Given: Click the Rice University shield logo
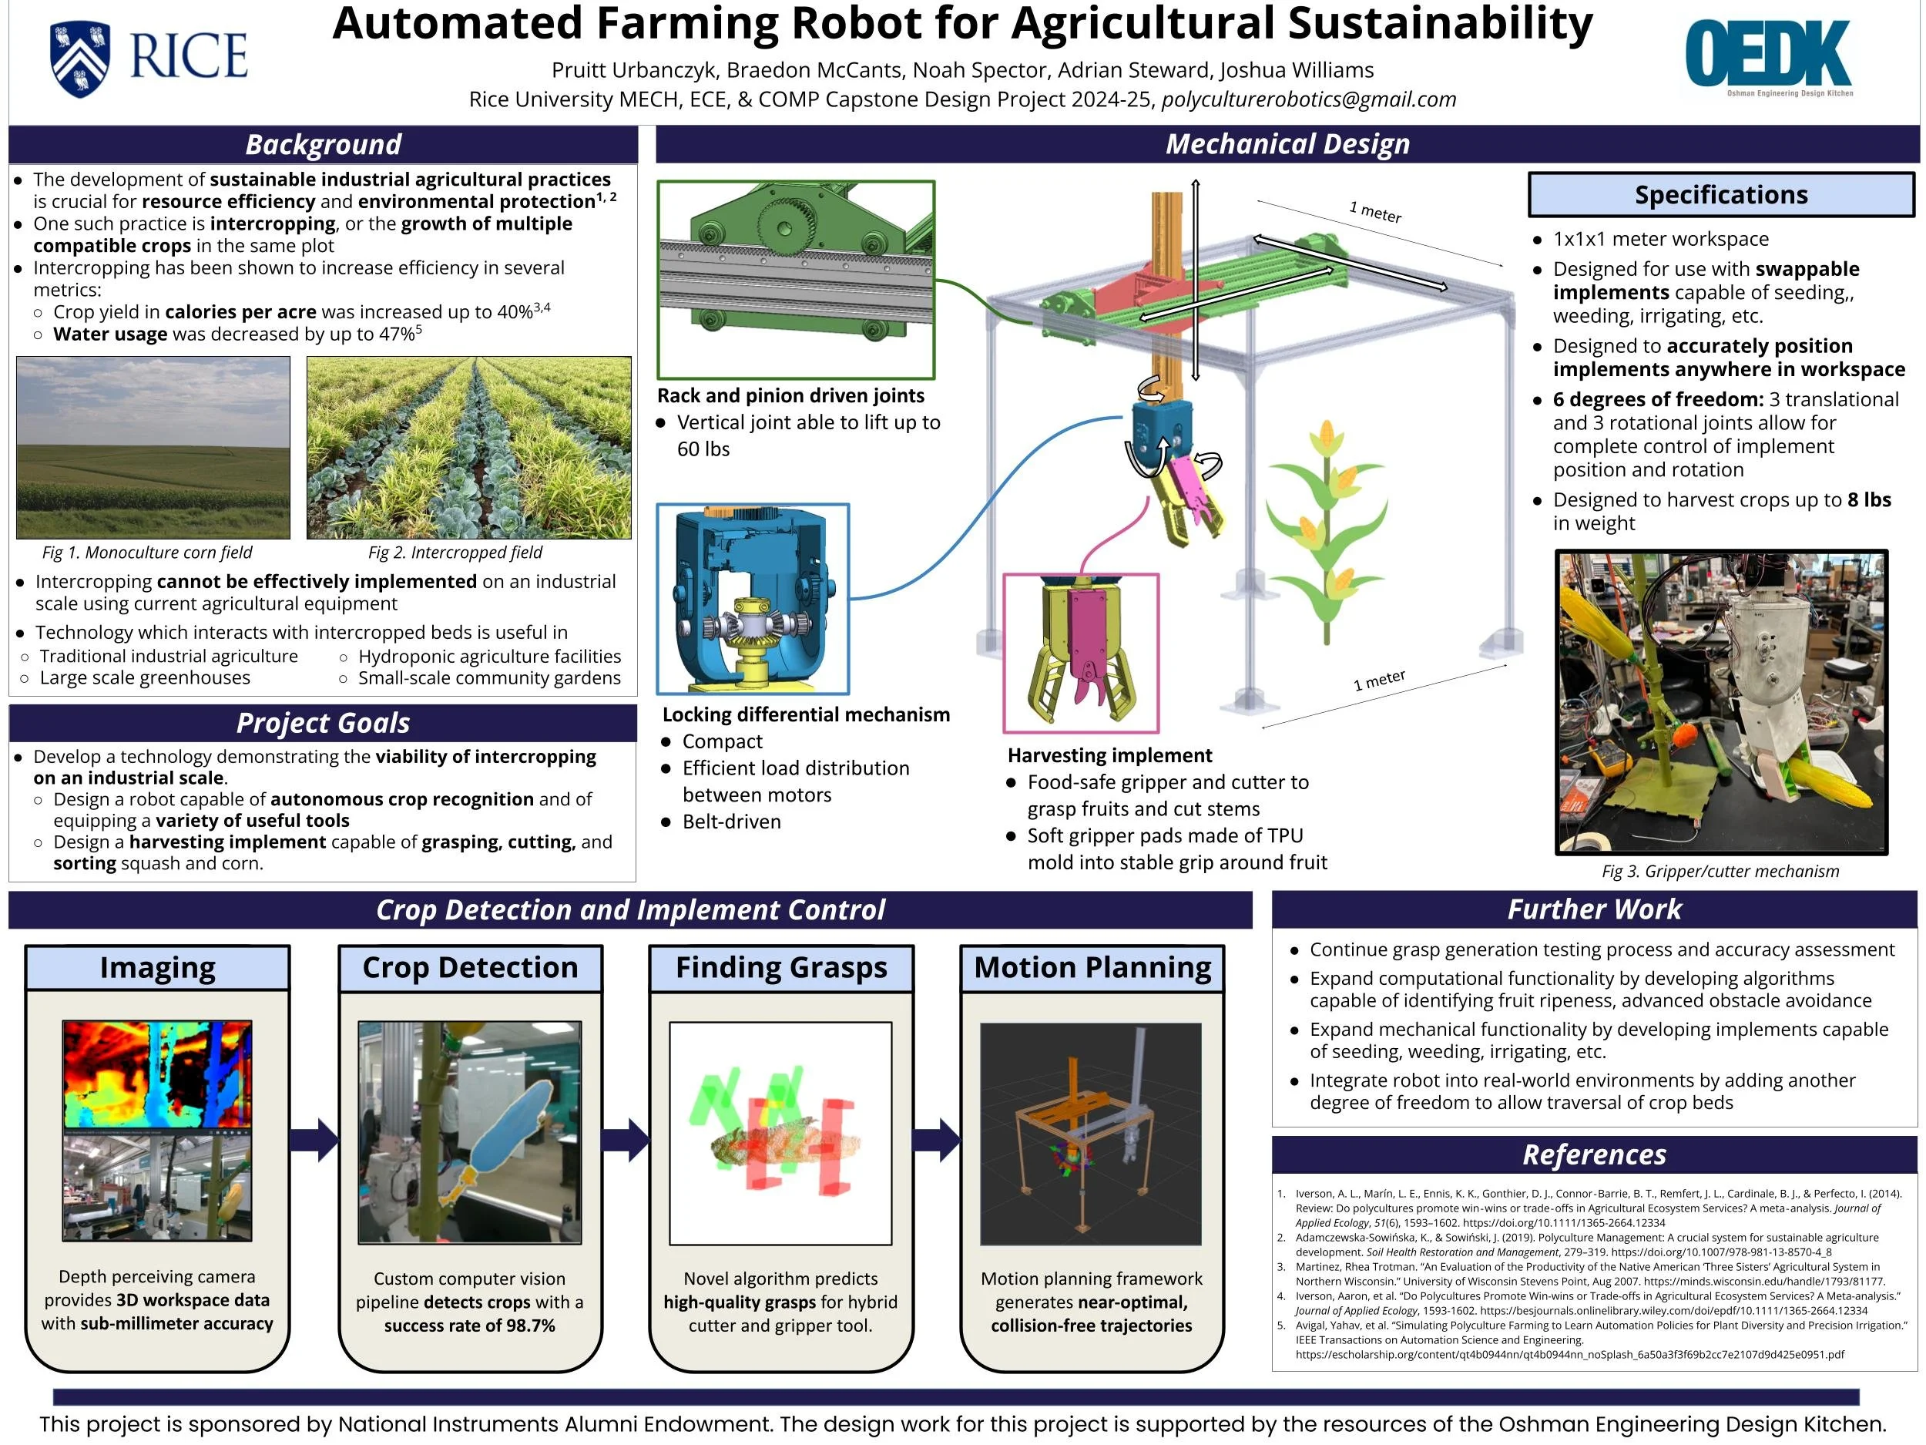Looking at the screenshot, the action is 80,59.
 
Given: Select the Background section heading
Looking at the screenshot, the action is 323,145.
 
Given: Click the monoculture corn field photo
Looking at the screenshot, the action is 153,447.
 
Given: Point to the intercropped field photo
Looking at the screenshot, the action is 468,447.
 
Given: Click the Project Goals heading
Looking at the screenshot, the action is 323,723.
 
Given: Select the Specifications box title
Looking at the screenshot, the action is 1720,194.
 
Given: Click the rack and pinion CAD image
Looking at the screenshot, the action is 796,280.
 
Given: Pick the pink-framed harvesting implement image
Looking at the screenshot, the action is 1081,653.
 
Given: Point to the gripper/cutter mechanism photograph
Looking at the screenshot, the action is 1720,702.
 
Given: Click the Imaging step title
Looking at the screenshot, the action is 158,968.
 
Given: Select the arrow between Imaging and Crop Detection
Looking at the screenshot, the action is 314,1139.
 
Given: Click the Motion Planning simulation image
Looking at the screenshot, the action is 1090,1133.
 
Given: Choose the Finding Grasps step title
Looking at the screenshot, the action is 781,968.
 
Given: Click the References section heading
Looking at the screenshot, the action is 1593,1155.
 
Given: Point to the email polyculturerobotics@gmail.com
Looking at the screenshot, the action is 1309,99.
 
